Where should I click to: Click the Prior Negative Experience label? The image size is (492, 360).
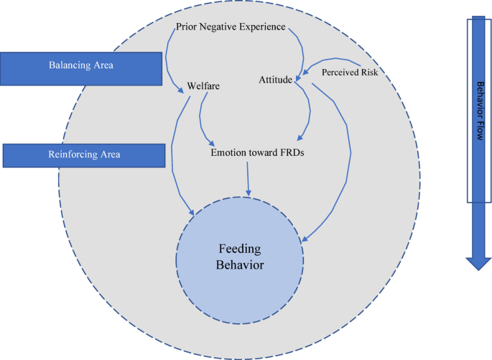[231, 27]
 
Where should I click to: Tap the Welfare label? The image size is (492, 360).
[203, 86]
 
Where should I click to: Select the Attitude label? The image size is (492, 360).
[276, 80]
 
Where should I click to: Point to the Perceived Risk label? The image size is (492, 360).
[350, 72]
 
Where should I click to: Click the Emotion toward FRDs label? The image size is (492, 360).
[257, 152]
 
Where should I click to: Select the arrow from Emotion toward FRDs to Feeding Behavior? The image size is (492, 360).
[248, 178]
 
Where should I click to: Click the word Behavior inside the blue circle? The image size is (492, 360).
[241, 265]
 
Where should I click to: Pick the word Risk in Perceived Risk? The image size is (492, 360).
[368, 72]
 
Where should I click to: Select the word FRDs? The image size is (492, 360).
[290, 152]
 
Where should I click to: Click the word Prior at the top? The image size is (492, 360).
[187, 27]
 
